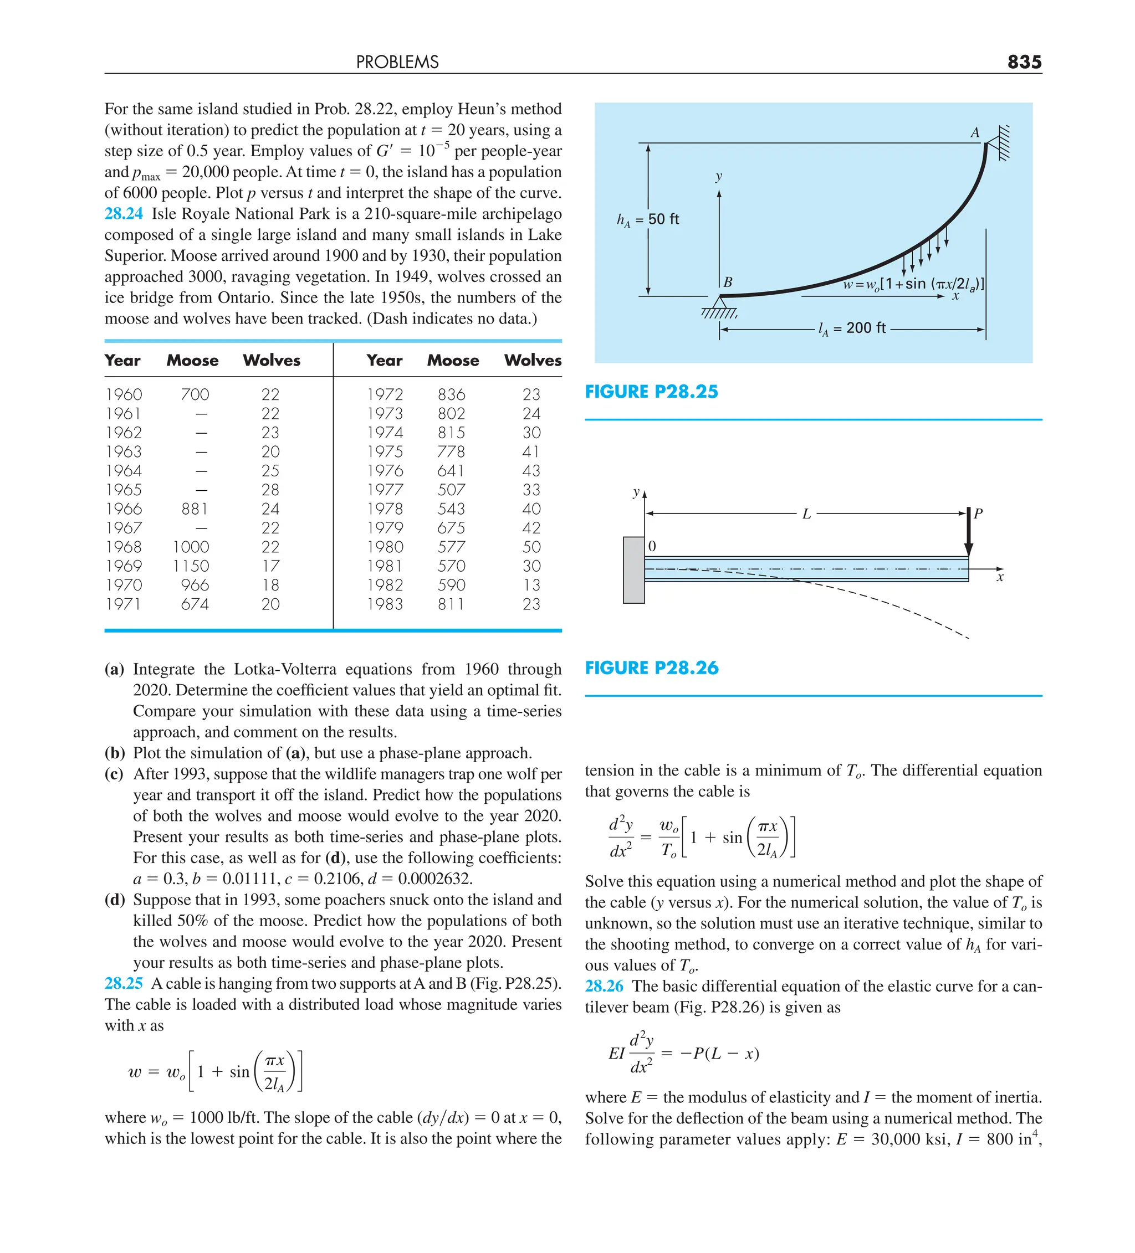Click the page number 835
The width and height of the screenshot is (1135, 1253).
point(1024,61)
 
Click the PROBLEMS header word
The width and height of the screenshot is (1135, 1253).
point(397,62)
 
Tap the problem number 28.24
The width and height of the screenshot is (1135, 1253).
point(123,214)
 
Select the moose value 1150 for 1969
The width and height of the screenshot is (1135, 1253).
point(191,566)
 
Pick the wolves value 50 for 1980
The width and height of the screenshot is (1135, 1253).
point(531,547)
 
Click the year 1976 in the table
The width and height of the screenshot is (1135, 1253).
point(385,471)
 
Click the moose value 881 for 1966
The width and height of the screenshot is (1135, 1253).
point(194,509)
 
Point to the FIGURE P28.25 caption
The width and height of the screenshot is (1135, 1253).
point(651,392)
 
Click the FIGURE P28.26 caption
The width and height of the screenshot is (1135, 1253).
point(651,667)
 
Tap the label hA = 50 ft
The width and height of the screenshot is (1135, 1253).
point(647,219)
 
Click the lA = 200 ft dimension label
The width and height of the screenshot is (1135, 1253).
point(851,328)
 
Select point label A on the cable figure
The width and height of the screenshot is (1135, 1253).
point(974,133)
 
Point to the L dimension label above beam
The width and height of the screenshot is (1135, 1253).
point(806,514)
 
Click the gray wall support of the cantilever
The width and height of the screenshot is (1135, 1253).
point(633,570)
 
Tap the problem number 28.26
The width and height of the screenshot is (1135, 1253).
point(604,987)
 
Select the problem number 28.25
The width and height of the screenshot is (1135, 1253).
point(123,983)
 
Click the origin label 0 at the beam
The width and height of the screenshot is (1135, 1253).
point(652,546)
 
